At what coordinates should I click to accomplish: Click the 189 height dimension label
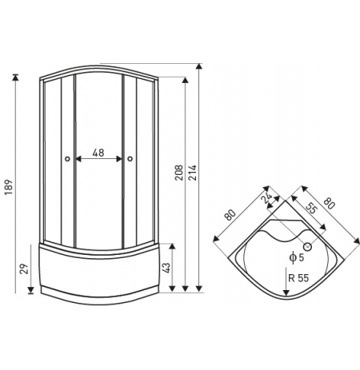click(x=9, y=187)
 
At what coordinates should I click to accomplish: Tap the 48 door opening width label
click(x=98, y=153)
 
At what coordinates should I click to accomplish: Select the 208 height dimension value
click(x=179, y=173)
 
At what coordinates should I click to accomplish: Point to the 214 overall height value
click(x=192, y=173)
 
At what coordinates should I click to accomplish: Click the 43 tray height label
click(x=166, y=269)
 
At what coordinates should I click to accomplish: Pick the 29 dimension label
click(x=24, y=269)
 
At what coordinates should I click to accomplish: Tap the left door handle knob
click(x=67, y=159)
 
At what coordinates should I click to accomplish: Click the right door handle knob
click(x=130, y=159)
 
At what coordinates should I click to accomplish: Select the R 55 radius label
click(x=298, y=278)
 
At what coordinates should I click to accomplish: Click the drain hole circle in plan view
click(x=308, y=247)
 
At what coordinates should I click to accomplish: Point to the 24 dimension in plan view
click(x=266, y=198)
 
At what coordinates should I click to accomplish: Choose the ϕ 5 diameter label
click(x=297, y=257)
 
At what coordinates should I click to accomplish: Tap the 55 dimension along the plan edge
click(x=311, y=209)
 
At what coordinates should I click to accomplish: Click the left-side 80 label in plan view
click(x=230, y=215)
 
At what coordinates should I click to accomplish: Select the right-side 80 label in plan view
click(x=329, y=204)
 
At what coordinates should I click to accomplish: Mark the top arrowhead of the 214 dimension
click(x=198, y=66)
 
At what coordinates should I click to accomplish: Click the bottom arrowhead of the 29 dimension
click(x=31, y=290)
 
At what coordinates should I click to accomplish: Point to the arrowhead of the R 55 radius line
click(x=286, y=292)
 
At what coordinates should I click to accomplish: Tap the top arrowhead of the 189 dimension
click(x=16, y=77)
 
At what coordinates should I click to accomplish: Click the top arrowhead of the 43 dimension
click(x=172, y=246)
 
